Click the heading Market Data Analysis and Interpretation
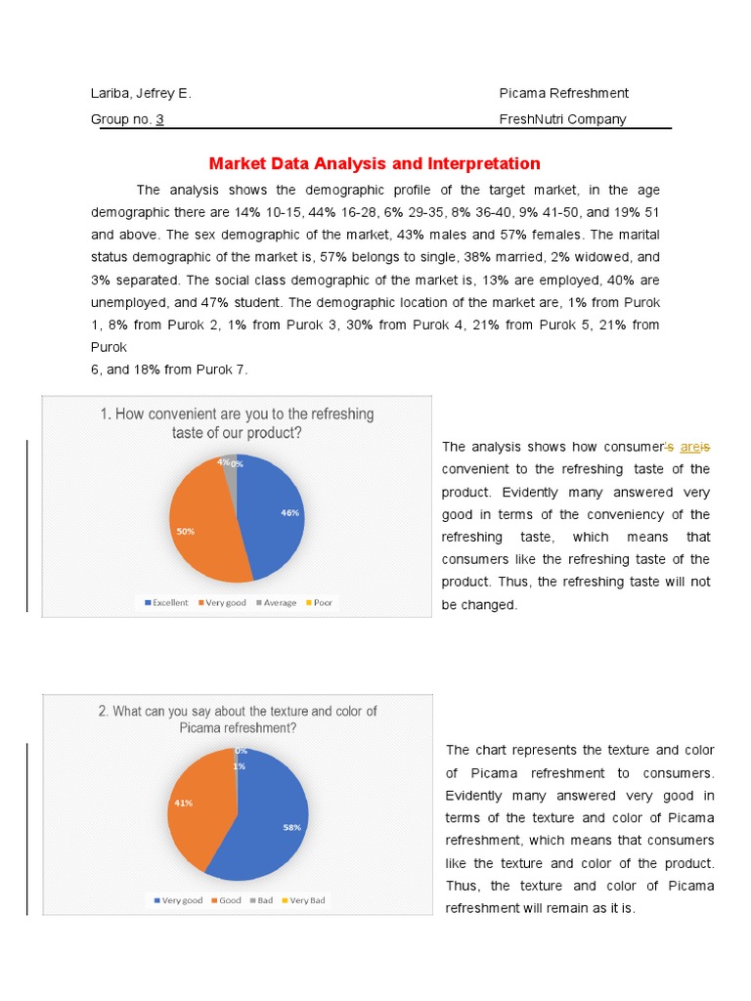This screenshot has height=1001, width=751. tap(375, 163)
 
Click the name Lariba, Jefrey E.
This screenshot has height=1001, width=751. tap(141, 93)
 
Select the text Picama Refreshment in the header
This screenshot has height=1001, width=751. tap(563, 93)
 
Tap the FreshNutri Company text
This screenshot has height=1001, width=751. tap(562, 119)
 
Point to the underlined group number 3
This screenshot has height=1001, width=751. tap(159, 119)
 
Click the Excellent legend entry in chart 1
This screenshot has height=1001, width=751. tap(166, 603)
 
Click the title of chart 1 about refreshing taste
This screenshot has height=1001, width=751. tap(237, 423)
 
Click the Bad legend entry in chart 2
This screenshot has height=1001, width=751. tap(260, 900)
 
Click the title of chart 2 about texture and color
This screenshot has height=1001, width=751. tap(237, 719)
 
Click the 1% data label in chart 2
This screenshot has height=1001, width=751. tap(239, 766)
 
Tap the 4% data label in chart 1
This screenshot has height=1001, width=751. tap(223, 461)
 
